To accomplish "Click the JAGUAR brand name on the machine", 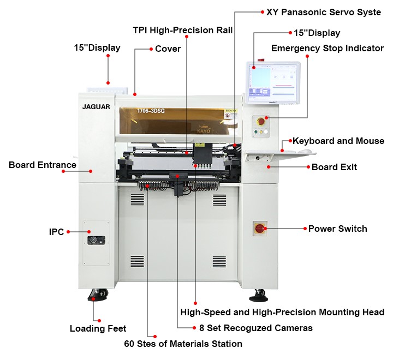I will (97, 107).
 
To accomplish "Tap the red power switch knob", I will (260, 229).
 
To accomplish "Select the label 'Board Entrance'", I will (43, 165).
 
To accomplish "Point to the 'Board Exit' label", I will (334, 167).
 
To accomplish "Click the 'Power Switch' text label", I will (337, 229).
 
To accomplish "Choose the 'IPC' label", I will (56, 232).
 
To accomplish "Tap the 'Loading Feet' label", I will (98, 328).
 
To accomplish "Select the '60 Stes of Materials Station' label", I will (183, 344).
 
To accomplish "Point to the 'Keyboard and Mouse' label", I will (338, 141).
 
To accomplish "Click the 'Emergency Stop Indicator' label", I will (327, 48).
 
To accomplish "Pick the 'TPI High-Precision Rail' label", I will (183, 30).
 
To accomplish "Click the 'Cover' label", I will (168, 49).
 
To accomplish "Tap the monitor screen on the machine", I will (272, 82).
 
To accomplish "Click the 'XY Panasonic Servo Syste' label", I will (323, 12).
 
